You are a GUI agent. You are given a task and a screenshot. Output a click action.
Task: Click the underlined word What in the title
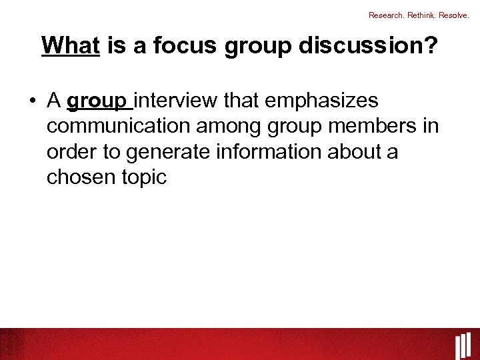(x=70, y=46)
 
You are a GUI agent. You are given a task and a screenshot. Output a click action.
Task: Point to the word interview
(x=176, y=101)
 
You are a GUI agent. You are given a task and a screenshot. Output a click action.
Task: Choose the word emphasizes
(x=321, y=101)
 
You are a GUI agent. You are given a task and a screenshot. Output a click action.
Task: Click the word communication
(x=118, y=126)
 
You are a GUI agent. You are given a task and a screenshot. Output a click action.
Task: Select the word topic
(x=144, y=177)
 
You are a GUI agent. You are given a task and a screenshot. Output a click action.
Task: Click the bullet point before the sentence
(x=32, y=102)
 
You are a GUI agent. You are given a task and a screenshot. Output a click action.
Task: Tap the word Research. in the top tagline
(x=387, y=15)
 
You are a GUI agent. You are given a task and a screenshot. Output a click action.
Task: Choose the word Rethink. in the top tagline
(x=421, y=15)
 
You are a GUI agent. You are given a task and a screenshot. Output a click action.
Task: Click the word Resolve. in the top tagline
(x=454, y=15)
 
